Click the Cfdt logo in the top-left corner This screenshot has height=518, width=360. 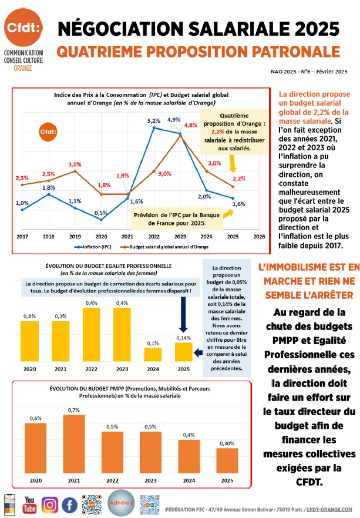22,29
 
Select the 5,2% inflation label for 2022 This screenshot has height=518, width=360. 154,120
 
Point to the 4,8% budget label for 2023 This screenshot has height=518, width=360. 190,125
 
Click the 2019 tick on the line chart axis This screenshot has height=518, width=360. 75,236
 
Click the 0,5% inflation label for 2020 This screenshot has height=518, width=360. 100,213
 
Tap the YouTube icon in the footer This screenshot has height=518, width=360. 29,504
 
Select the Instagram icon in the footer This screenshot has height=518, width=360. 50,504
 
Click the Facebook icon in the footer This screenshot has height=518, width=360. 70,504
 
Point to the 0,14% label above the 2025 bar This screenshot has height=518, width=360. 183,338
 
